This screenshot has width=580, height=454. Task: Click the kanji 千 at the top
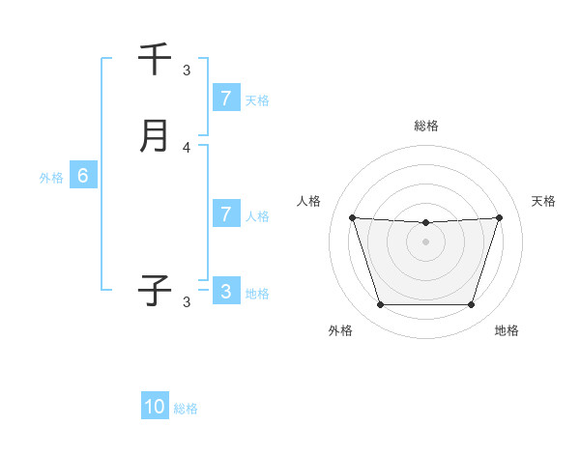[155, 59]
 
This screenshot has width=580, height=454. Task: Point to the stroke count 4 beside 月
[187, 148]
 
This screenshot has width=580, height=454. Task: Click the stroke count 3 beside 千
[187, 70]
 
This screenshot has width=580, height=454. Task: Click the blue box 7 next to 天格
[225, 98]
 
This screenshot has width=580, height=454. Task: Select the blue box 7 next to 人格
[225, 214]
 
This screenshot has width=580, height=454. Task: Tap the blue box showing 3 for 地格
[225, 292]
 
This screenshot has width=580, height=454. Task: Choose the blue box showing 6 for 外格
[83, 176]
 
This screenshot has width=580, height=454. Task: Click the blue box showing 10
[155, 407]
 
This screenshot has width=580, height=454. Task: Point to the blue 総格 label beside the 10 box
[186, 409]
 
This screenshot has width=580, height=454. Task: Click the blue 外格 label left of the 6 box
[50, 178]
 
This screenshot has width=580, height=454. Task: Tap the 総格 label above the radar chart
[425, 126]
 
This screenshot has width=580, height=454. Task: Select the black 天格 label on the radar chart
[543, 201]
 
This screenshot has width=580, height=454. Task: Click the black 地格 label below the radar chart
[507, 330]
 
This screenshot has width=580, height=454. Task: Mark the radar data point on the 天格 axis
[499, 217]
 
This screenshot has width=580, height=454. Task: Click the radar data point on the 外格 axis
[380, 305]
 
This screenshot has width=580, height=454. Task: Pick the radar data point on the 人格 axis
[352, 217]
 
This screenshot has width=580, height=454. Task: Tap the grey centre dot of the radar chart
[425, 241]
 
